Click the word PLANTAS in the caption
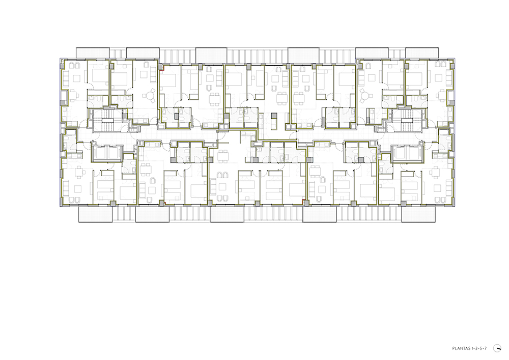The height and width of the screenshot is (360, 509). [x=461, y=349]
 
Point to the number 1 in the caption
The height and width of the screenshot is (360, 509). [x=472, y=349]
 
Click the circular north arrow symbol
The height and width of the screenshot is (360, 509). [x=497, y=348]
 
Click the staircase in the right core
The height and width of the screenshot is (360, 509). [x=406, y=121]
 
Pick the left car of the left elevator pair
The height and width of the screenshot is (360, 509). [x=99, y=153]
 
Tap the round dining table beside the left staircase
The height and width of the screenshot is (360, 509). [x=150, y=96]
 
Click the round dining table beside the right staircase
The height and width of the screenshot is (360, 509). [x=365, y=96]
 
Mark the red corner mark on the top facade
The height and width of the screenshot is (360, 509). [x=163, y=68]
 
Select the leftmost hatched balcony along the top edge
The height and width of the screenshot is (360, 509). [x=93, y=52]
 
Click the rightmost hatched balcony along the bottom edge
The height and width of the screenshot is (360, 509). [x=418, y=214]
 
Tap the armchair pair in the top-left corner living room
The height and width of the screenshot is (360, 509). [x=74, y=65]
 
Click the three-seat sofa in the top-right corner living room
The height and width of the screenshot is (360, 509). [x=449, y=78]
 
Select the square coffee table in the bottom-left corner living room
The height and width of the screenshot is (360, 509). [x=77, y=188]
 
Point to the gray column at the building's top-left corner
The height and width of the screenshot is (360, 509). [x=62, y=66]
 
